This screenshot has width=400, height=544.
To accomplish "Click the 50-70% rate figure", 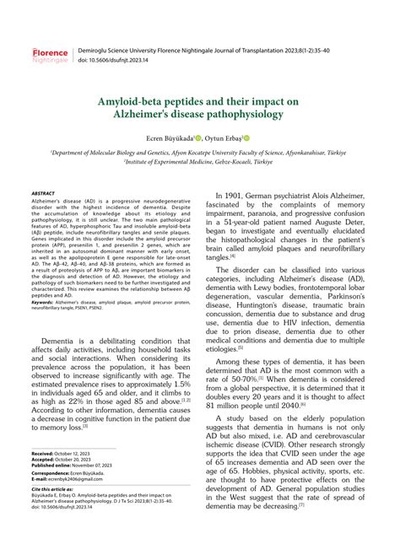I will click(246, 378).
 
